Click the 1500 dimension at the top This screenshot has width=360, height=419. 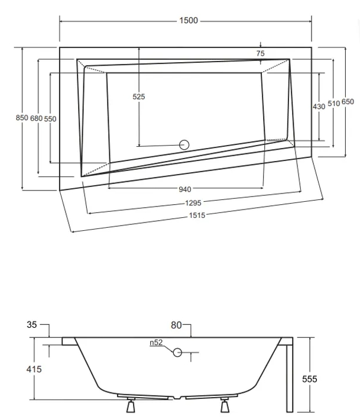pos(189,21)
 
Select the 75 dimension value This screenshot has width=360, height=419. pos(261,53)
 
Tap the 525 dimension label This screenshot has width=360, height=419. pos(139,96)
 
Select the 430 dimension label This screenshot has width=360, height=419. pos(319,106)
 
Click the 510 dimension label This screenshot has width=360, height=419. pos(333,103)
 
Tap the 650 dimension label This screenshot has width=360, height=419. pos(348,102)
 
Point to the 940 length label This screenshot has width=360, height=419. pos(184,189)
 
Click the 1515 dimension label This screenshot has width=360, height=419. pos(197,215)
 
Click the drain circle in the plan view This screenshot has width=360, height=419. pos(184,144)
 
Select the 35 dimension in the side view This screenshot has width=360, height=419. pos(32,324)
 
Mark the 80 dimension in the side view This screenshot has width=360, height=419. pos(176,324)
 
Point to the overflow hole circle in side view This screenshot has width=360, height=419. pos(177,353)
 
